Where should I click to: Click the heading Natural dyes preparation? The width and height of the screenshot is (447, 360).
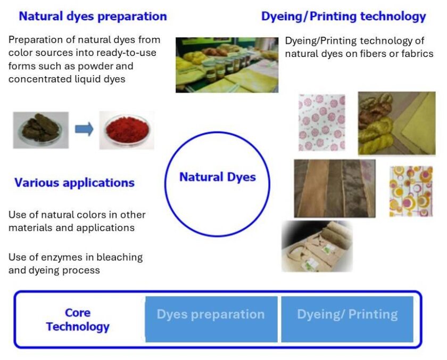tap(93, 17)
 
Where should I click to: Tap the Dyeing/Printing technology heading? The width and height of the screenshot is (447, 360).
tap(344, 17)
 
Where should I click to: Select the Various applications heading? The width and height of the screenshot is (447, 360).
tap(74, 183)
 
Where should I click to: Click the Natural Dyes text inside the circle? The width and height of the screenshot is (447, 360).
tap(218, 177)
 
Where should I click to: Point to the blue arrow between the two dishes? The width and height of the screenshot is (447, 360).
tap(84, 129)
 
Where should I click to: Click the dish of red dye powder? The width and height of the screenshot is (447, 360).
tap(127, 130)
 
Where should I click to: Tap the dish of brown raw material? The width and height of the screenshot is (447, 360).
tap(41, 130)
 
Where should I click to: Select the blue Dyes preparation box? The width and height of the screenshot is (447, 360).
tap(211, 319)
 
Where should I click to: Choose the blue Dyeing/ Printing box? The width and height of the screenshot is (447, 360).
tap(347, 319)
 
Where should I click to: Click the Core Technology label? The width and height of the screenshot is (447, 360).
tap(78, 320)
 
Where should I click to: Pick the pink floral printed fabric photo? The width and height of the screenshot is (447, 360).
tap(321, 122)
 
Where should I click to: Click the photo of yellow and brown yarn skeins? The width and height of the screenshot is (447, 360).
tap(397, 123)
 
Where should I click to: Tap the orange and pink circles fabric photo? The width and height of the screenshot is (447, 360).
tap(411, 191)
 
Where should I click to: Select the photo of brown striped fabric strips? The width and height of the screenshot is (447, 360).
tap(335, 189)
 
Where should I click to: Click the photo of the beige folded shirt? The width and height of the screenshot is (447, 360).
tap(317, 246)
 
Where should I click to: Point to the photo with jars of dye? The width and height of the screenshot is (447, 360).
tap(227, 65)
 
